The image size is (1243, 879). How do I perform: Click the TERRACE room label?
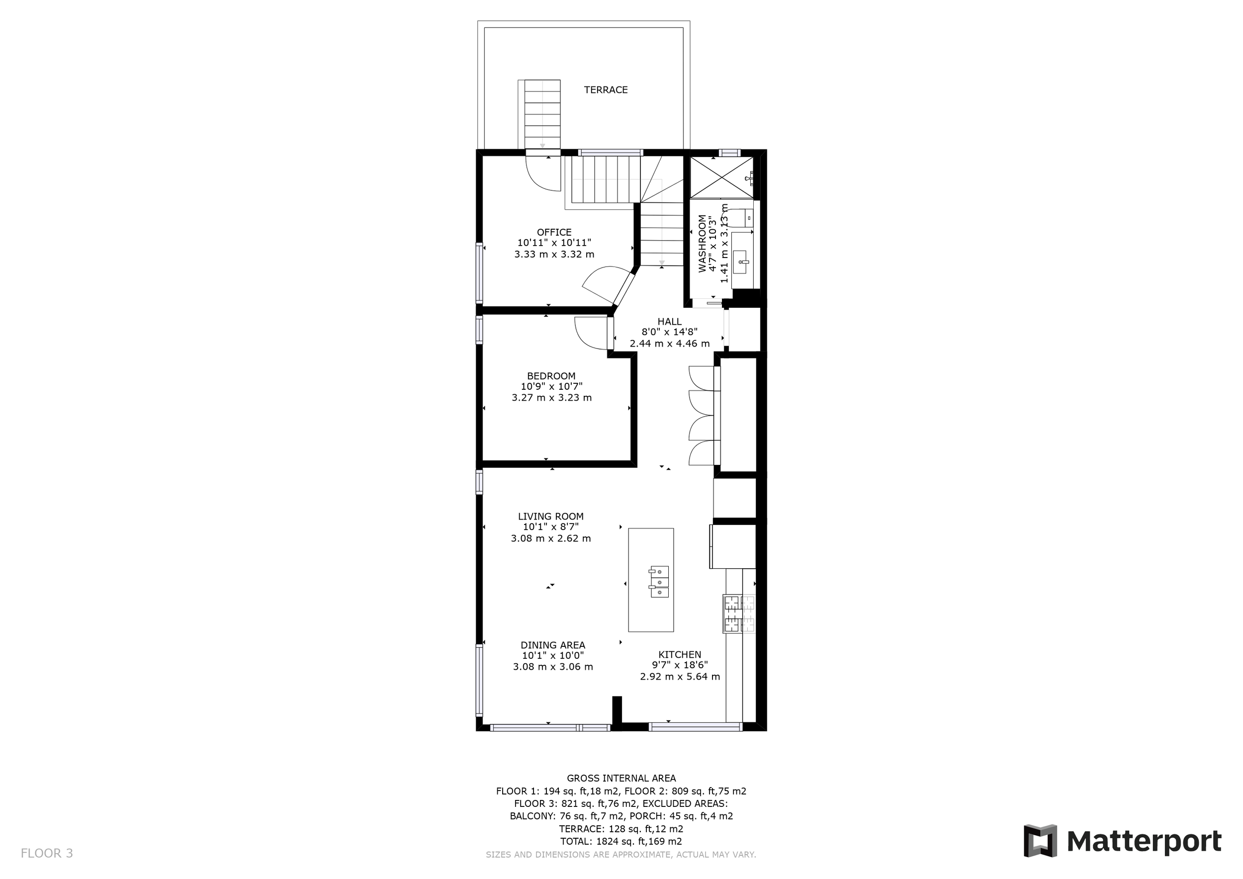[x=605, y=90]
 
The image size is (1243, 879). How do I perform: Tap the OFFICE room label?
[x=554, y=232]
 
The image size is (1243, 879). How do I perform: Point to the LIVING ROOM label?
[x=550, y=517]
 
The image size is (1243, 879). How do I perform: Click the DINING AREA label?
[x=553, y=645]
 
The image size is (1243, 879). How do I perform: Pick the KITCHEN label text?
[x=680, y=654]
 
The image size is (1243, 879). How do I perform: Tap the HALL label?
[x=669, y=322]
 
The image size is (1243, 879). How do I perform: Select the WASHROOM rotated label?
[x=702, y=244]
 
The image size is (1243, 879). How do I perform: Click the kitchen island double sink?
[x=659, y=581]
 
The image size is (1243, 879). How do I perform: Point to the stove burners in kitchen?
[x=738, y=614]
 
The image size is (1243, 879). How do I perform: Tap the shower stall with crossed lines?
[x=721, y=177]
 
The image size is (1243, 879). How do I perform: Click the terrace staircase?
[x=542, y=114]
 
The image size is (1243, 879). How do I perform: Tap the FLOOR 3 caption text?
[x=47, y=854]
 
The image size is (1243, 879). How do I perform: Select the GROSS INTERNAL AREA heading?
[x=621, y=779]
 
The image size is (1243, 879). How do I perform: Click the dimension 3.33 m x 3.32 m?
[x=554, y=255]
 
